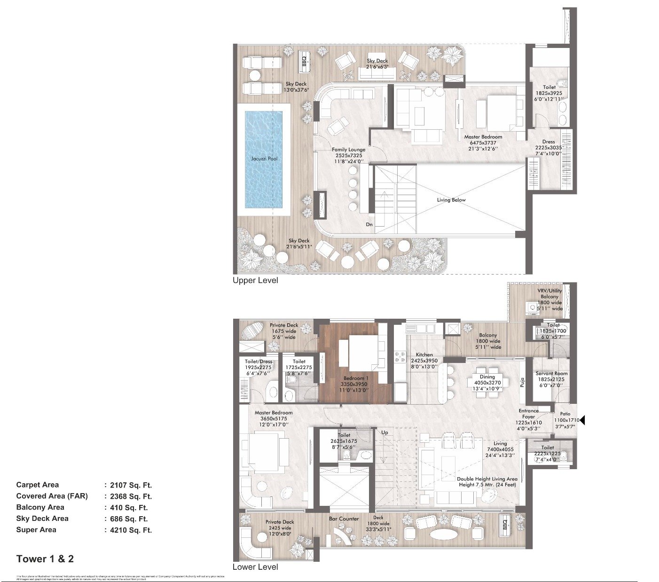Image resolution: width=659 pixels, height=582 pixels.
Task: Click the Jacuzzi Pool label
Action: [264, 158]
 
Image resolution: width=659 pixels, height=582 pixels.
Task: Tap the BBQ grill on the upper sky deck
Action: [304, 61]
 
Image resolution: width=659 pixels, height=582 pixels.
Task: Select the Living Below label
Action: [451, 200]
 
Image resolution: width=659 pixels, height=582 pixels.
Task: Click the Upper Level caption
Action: [255, 280]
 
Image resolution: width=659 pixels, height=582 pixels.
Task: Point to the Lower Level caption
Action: [255, 567]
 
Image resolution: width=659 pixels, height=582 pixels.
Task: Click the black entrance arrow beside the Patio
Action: [582, 420]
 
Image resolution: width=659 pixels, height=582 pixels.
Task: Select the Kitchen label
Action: [424, 354]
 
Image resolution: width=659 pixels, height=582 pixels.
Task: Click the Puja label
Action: [522, 382]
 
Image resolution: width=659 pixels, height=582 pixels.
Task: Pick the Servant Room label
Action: [551, 373]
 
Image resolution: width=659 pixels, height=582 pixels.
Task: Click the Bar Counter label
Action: [344, 519]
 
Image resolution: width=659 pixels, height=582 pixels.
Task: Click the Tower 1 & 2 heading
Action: [45, 559]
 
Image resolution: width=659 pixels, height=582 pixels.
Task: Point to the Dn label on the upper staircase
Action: [369, 224]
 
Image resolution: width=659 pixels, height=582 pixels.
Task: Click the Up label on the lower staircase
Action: [384, 432]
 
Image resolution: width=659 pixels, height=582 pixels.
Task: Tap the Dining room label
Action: [487, 377]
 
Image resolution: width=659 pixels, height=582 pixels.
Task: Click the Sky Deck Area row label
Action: [42, 519]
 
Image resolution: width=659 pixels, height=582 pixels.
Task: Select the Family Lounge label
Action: [348, 149]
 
